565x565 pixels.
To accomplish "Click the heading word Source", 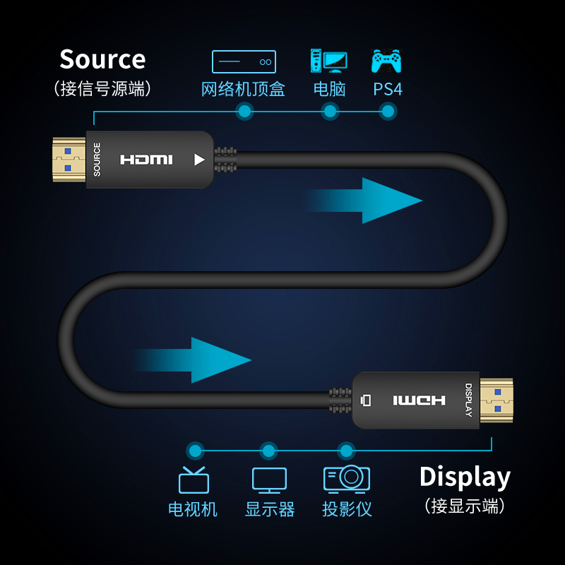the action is click(x=102, y=59).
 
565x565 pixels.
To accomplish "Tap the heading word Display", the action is click(x=465, y=477).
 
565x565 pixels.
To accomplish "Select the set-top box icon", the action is click(x=244, y=61).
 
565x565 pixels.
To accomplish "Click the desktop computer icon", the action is click(x=328, y=61).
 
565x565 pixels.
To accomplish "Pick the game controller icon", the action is click(x=386, y=61).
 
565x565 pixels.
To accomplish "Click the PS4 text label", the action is click(x=388, y=90).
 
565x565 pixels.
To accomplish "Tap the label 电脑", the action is click(x=329, y=90).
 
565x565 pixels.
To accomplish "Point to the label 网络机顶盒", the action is click(x=243, y=90).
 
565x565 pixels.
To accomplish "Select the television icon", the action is click(x=193, y=480).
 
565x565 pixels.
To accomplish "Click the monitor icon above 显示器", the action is click(x=269, y=480).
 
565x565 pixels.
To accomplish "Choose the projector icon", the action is click(x=346, y=479).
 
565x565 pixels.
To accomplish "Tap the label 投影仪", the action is click(x=347, y=509).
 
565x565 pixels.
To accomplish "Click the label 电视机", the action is click(x=193, y=509).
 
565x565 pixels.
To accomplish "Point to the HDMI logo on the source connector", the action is click(x=146, y=160).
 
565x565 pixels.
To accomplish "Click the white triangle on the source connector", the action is click(x=199, y=160).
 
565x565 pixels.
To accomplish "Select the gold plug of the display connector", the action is click(x=496, y=400).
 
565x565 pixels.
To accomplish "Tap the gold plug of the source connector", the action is click(x=69, y=160).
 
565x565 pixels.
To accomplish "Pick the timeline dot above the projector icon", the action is click(x=345, y=450).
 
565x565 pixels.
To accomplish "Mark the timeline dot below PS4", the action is click(x=387, y=111).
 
